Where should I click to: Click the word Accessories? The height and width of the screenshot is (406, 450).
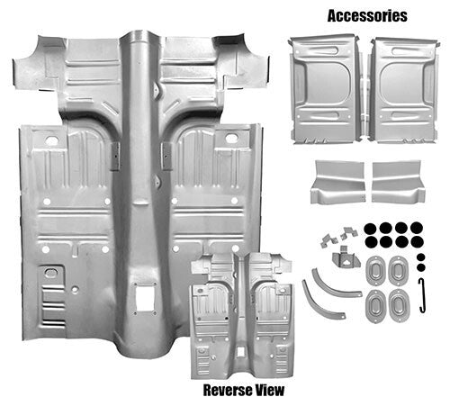367,15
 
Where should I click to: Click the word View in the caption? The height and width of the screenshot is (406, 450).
269,390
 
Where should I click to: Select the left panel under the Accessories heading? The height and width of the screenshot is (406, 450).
323,87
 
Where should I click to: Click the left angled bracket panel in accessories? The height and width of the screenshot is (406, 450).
337,183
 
